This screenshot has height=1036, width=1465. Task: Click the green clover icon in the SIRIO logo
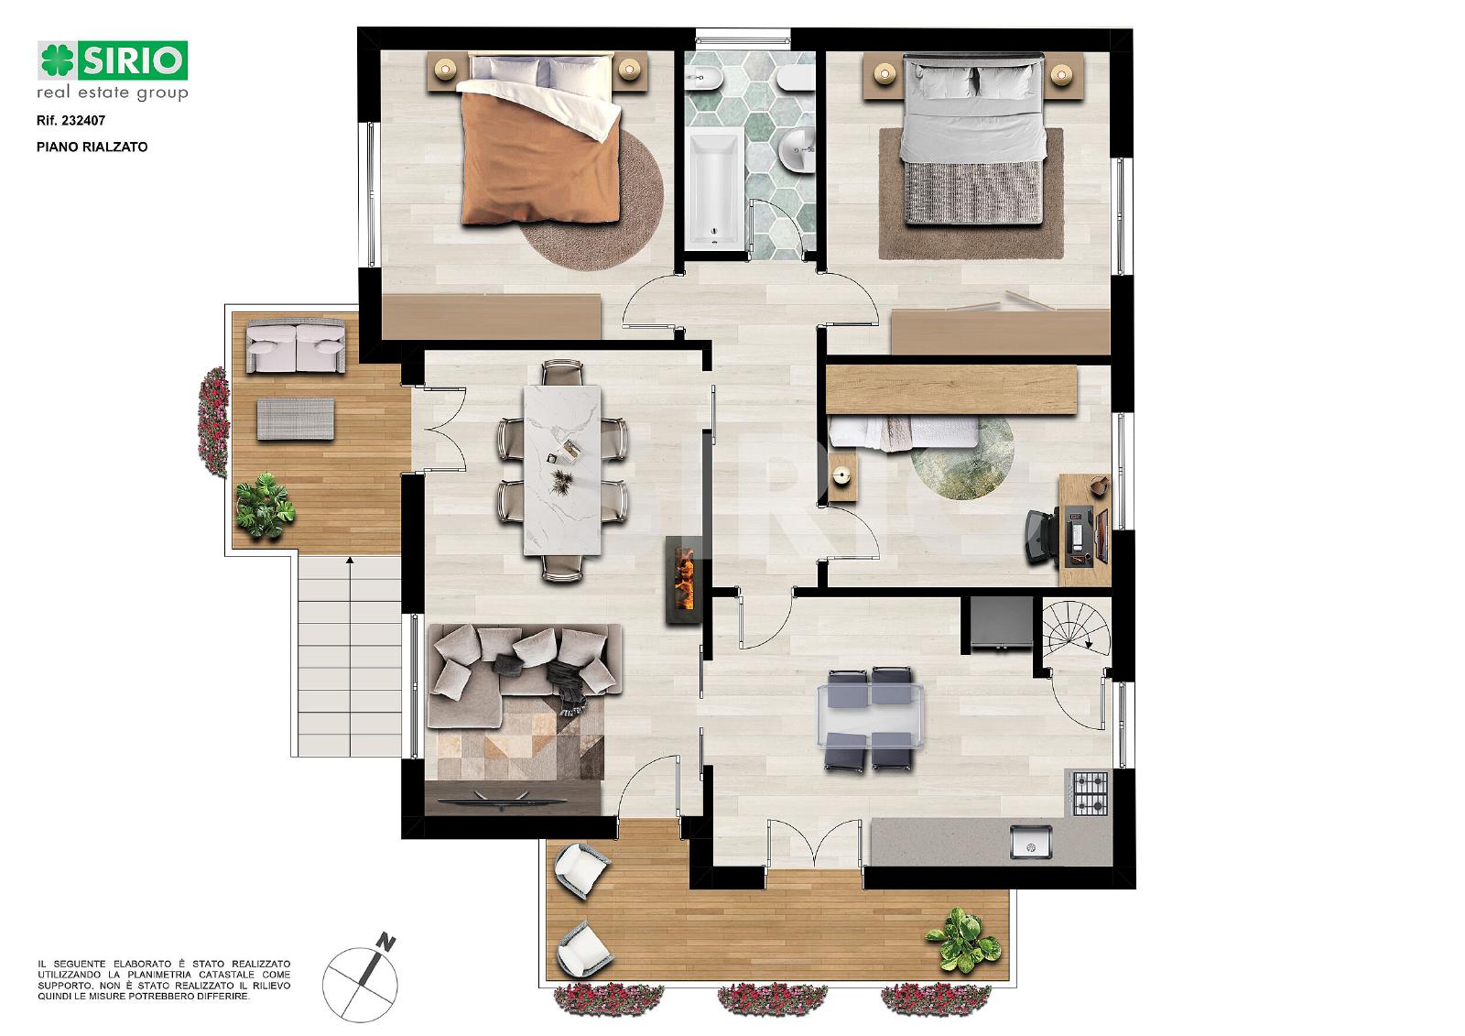pyautogui.click(x=58, y=60)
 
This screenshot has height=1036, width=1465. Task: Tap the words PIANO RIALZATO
pyautogui.click(x=92, y=147)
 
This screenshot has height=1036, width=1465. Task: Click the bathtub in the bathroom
pyautogui.click(x=715, y=188)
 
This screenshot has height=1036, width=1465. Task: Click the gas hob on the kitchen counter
pyautogui.click(x=1091, y=793)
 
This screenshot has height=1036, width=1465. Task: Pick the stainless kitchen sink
pyautogui.click(x=1031, y=842)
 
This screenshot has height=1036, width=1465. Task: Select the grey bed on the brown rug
pyautogui.click(x=971, y=139)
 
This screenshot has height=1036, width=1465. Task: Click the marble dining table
pyautogui.click(x=562, y=470)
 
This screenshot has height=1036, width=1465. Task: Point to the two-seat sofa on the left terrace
pyautogui.click(x=296, y=345)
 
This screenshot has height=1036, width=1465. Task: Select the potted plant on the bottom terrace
pyautogui.click(x=962, y=940)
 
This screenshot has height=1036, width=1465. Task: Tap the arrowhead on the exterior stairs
pyautogui.click(x=350, y=560)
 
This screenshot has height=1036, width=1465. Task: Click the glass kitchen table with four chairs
pyautogui.click(x=870, y=717)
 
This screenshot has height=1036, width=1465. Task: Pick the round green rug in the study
pyautogui.click(x=962, y=458)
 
